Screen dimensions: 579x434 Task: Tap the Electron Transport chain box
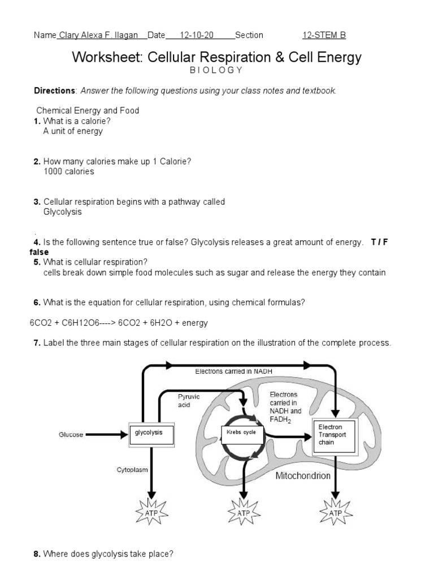pos(335,436)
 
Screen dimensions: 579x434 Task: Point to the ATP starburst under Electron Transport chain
pos(336,513)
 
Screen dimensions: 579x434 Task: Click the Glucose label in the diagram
pos(71,435)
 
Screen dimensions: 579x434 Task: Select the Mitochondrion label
pos(303,476)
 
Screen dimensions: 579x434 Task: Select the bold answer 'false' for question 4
pos(39,252)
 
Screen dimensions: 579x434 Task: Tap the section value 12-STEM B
pos(324,35)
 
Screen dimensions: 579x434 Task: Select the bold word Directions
pos(55,90)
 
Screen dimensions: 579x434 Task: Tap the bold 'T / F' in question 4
pos(380,242)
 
